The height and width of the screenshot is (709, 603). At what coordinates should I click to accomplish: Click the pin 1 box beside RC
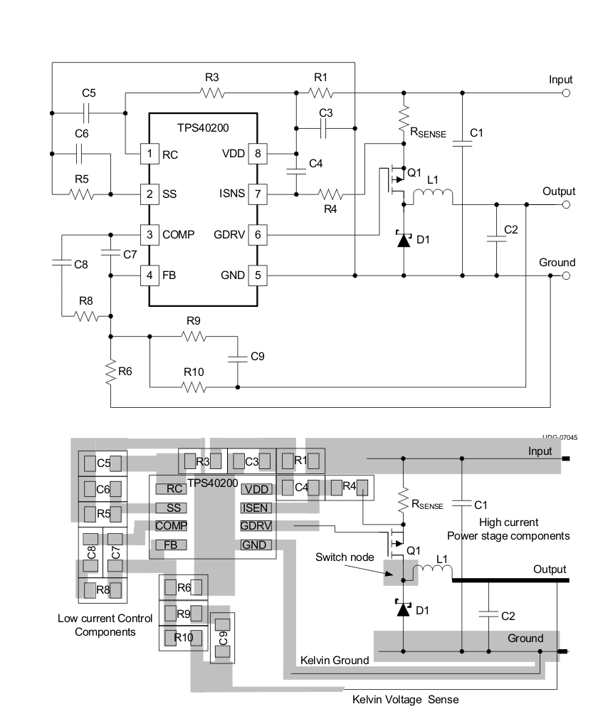150,153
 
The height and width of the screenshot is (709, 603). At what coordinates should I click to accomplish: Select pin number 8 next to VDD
256,153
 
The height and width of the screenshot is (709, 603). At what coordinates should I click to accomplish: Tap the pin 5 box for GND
256,275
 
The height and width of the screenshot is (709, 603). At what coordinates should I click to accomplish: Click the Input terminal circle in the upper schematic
566,93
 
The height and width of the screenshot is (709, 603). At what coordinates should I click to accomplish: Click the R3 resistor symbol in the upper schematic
212,93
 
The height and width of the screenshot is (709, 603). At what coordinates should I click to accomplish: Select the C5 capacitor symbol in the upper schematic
85,112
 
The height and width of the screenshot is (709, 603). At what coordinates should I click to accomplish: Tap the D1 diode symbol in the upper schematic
404,239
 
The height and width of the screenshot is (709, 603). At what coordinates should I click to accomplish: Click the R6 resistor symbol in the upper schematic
111,372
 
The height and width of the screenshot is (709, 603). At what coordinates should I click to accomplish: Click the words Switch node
345,557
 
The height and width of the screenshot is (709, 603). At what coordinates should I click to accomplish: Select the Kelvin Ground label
334,660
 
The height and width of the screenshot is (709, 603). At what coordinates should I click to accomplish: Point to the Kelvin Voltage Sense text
405,699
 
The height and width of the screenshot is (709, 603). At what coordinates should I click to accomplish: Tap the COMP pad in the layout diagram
171,526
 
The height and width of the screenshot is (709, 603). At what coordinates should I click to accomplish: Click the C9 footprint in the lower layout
223,637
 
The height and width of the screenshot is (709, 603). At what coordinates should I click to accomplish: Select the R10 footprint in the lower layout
184,637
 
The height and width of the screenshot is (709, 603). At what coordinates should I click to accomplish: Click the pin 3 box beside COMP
150,234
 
